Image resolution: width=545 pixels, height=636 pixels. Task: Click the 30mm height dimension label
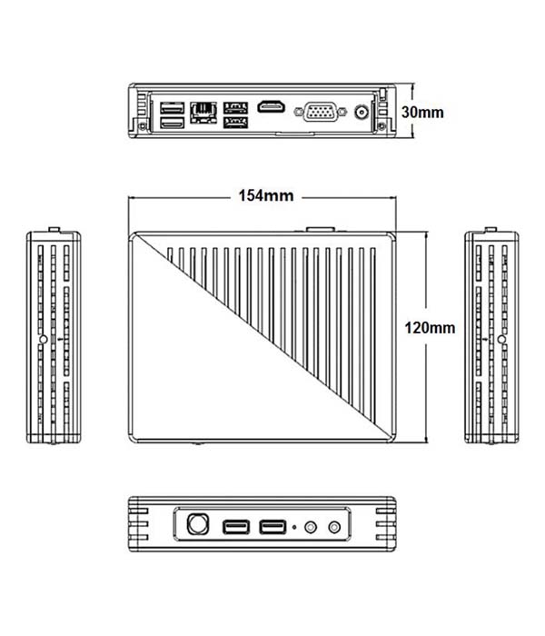422,112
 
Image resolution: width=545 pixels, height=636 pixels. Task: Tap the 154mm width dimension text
266,196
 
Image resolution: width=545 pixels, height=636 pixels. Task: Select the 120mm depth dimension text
430,328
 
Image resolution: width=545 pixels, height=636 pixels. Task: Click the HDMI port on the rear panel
271,106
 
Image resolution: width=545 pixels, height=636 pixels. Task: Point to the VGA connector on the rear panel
321,111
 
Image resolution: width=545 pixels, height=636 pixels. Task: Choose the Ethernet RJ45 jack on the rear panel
203,112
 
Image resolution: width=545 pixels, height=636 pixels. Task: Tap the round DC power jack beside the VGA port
362,112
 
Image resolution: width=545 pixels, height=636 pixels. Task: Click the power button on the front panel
198,523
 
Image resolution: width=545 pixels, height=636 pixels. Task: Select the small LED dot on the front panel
294,527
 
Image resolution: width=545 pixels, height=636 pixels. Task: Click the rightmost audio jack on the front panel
334,527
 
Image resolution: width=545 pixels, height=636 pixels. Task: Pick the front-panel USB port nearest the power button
236,527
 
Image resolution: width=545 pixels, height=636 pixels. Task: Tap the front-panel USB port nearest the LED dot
272,527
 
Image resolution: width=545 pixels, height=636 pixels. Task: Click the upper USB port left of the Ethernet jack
173,108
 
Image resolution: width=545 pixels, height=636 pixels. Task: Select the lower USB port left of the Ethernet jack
173,122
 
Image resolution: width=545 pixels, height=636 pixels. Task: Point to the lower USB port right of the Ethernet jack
235,122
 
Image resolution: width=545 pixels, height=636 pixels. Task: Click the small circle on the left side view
43,339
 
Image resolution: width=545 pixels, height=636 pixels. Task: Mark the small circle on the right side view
501,339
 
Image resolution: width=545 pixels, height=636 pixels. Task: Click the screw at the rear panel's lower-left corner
143,126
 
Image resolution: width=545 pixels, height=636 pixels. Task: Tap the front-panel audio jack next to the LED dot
311,527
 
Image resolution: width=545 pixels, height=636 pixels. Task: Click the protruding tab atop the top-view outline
321,230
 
